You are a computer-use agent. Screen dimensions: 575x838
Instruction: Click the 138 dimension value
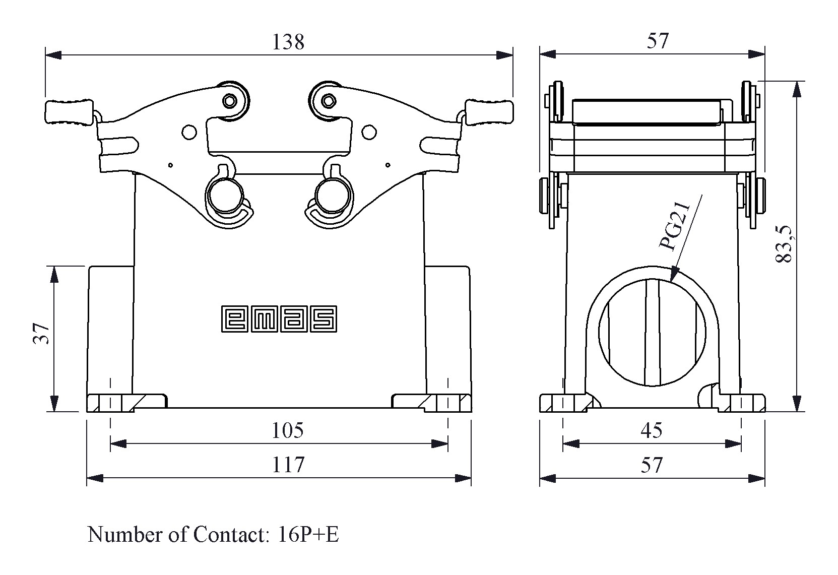(288, 42)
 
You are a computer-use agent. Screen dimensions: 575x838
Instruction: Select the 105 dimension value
(288, 431)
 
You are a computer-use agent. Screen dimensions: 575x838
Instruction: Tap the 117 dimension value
(288, 465)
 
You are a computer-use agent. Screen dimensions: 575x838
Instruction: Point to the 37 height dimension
(42, 333)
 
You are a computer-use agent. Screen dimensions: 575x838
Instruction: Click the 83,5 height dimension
(785, 244)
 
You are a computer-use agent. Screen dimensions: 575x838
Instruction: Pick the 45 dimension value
(652, 431)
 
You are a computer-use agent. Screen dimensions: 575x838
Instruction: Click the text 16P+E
(308, 535)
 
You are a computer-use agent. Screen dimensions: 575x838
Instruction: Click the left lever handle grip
(69, 112)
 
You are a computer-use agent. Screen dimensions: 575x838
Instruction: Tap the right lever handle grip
(488, 112)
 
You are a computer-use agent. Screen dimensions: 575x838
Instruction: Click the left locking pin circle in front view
(225, 195)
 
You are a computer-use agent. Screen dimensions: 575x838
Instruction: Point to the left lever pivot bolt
(230, 101)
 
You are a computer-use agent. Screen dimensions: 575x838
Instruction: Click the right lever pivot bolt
(328, 101)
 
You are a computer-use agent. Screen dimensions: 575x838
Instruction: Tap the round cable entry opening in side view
(652, 333)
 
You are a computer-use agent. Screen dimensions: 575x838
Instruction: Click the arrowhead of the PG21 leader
(674, 276)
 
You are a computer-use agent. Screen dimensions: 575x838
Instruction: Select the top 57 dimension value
(658, 42)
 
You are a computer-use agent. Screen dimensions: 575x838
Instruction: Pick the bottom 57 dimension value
(652, 465)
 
